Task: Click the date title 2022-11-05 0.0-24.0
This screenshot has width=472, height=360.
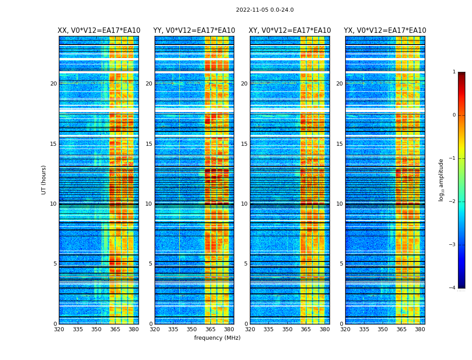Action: click(265, 10)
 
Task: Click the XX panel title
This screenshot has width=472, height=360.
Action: click(99, 31)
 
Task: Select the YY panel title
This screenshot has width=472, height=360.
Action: click(194, 31)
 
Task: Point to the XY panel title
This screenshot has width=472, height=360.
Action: click(290, 31)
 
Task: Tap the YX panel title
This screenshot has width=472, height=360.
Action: click(385, 31)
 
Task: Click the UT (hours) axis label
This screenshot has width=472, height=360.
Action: click(44, 180)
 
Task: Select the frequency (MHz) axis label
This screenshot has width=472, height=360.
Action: click(217, 338)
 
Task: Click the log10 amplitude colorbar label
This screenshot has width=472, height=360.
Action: click(441, 180)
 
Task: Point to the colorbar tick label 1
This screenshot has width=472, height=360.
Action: click(454, 72)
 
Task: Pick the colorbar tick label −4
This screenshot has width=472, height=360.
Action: click(453, 288)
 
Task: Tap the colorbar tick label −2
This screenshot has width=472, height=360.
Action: click(453, 202)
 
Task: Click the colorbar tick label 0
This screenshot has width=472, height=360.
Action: click(454, 115)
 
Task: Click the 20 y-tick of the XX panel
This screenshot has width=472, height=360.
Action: click(53, 84)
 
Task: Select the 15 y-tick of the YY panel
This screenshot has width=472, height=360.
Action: click(149, 144)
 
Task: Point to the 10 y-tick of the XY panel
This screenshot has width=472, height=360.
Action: click(244, 204)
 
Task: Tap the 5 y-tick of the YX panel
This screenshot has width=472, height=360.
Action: click(341, 264)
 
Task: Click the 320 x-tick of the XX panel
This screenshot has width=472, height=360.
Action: click(59, 329)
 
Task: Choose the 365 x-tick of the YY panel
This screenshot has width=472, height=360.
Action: click(210, 329)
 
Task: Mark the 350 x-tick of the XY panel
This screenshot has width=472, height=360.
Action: click(287, 329)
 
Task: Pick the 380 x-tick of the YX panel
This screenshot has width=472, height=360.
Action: click(420, 329)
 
